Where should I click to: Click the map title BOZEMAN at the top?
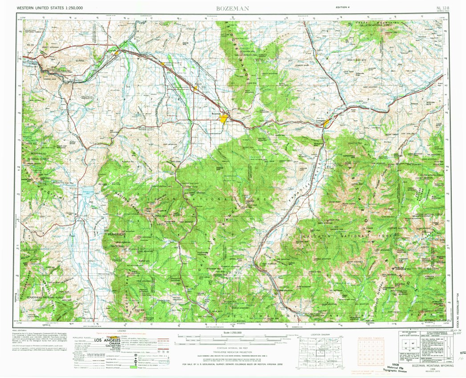click(232, 8)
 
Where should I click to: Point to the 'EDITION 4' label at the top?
click(344, 8)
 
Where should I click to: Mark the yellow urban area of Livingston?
click(327, 123)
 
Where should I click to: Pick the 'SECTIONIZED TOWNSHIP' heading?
click(371, 338)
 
